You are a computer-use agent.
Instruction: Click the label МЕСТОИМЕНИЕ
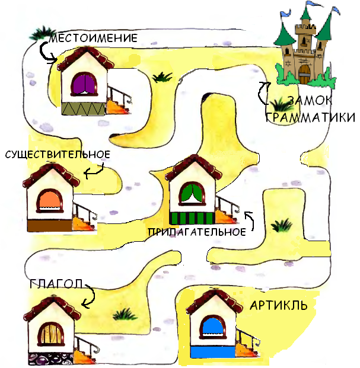tap(94, 39)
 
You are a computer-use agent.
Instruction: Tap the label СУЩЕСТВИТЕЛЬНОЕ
tap(58, 155)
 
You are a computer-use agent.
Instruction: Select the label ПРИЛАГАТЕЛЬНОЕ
tap(197, 232)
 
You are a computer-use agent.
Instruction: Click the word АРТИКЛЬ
tap(278, 306)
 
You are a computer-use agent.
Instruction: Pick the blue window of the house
tap(212, 328)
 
